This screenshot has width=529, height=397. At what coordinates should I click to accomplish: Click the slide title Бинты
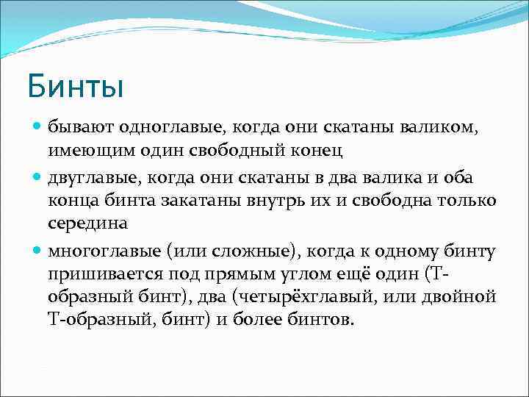point(75,85)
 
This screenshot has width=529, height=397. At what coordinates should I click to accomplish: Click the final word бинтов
point(320,320)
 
